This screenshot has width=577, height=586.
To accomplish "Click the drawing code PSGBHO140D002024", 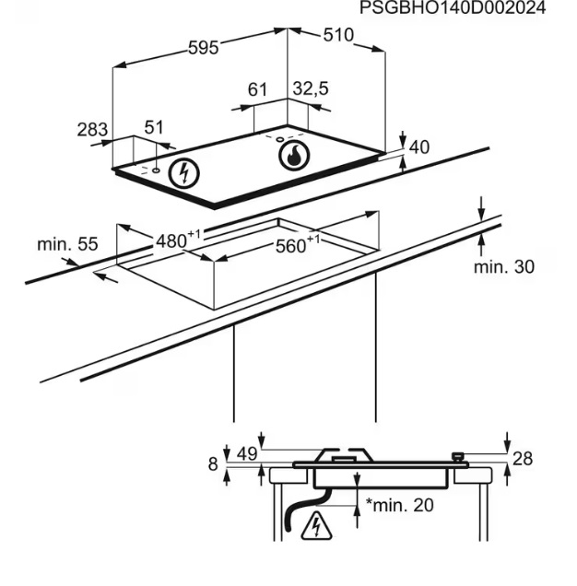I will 452,8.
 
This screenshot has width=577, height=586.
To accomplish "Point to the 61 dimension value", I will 257,89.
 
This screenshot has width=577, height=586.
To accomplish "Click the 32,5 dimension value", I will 311,88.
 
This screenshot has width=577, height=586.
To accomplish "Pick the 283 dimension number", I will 92,130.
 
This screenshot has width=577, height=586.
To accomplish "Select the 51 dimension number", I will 154,127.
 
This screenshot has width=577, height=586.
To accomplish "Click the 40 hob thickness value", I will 418,147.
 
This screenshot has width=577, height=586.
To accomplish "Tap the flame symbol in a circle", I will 293,157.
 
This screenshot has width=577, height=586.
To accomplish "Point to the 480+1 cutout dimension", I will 177,240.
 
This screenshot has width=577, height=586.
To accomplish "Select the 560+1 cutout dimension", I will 298,244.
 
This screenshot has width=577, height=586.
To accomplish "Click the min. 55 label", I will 66,245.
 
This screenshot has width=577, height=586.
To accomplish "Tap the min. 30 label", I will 503,267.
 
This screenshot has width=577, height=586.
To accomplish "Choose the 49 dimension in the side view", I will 246,453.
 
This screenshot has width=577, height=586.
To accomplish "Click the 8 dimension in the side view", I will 213,465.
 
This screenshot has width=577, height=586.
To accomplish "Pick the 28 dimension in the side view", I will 523,459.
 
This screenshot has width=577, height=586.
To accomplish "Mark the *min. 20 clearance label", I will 399,505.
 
